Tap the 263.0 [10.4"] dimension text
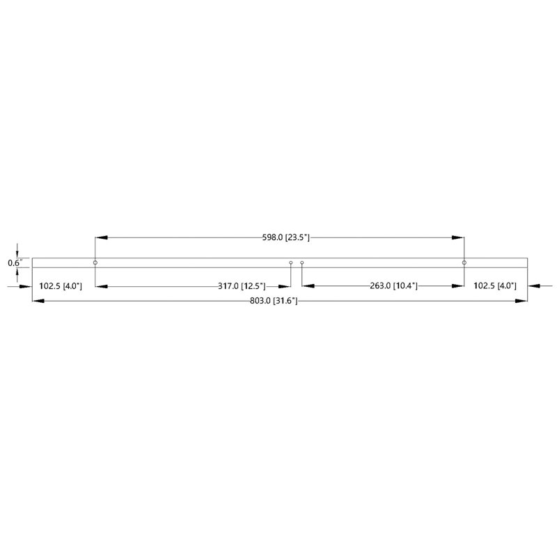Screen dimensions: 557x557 [393, 286]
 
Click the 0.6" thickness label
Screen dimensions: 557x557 [15, 263]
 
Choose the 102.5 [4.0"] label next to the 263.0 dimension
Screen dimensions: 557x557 [495, 286]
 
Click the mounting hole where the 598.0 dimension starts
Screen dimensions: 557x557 [95, 262]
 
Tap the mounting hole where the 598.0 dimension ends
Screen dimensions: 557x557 [464, 262]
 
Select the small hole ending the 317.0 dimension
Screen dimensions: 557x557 [291, 263]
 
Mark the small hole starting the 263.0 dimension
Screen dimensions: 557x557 [302, 263]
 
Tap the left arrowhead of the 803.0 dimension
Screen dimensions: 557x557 [39, 301]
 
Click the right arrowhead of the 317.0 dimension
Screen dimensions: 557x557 [284, 286]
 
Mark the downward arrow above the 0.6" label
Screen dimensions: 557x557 [17, 254]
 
